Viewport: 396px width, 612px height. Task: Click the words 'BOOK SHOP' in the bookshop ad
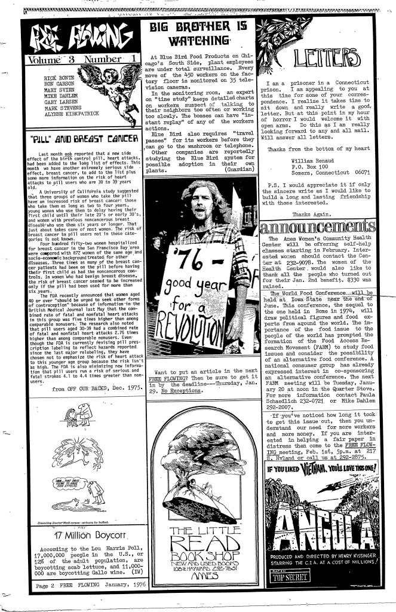197,550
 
